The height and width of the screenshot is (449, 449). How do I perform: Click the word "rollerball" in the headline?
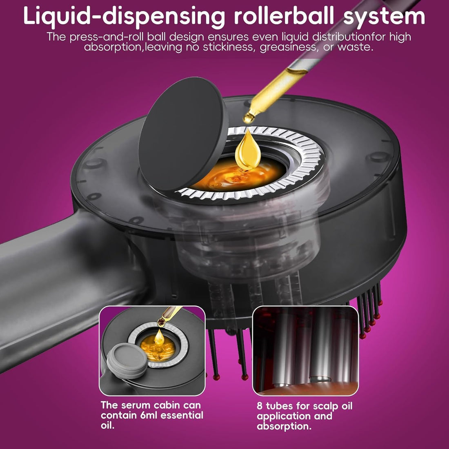point(284,16)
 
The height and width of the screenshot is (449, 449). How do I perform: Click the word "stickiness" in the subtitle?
point(229,47)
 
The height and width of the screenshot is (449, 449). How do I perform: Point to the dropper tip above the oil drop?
point(248,118)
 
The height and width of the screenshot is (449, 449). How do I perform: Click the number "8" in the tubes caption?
point(260,406)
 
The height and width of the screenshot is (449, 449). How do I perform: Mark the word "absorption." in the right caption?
point(284,427)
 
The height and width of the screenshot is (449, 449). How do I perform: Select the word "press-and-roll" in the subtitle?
point(107,37)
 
